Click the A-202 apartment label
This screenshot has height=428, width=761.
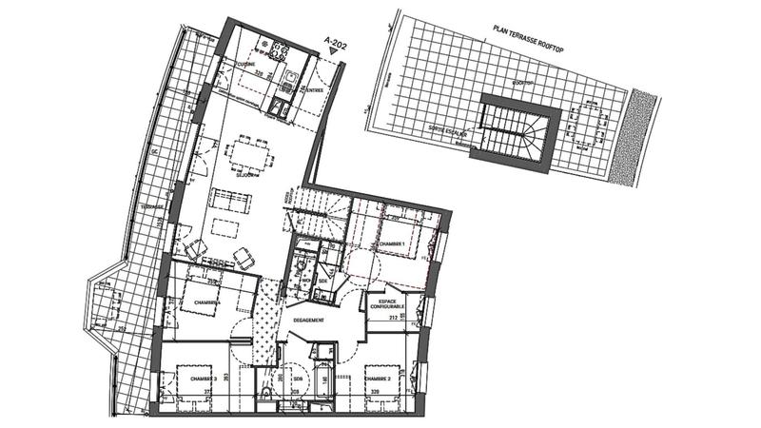pos(336,41)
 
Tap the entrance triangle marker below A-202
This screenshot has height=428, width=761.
pos(334,54)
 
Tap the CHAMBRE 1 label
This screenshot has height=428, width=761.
pos(392,244)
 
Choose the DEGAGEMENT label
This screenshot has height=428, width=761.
pos(308,321)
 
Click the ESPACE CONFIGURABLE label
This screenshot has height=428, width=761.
pos(385,303)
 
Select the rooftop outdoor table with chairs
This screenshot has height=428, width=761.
pos(582,125)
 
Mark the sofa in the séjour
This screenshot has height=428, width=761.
pos(231,201)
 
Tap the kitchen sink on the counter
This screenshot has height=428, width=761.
pos(288,76)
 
